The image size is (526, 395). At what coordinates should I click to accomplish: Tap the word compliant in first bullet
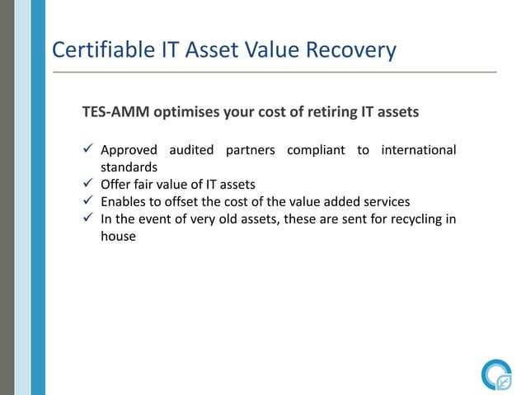click(x=317, y=151)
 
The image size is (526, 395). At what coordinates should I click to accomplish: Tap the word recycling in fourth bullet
click(x=406, y=218)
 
